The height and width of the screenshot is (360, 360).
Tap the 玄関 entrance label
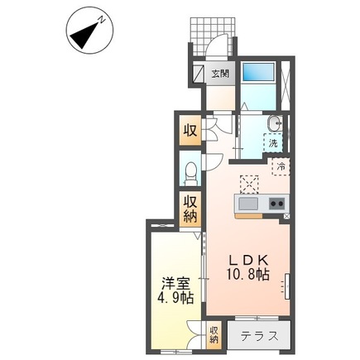pyautogui.click(x=219, y=74)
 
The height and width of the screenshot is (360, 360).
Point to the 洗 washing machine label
pyautogui.click(x=272, y=142)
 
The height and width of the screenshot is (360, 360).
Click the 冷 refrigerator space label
pyautogui.click(x=280, y=166)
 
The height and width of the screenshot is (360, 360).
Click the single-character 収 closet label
pyautogui.click(x=190, y=129)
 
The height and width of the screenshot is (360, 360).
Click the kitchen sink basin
pyautogui.click(x=247, y=204)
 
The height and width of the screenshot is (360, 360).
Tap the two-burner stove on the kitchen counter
pyautogui.click(x=275, y=204)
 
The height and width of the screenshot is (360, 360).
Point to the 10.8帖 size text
pyautogui.click(x=249, y=274)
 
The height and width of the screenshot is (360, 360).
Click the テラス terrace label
pyautogui.click(x=258, y=337)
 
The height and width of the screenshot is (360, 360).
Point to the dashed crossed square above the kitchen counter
pyautogui.click(x=248, y=183)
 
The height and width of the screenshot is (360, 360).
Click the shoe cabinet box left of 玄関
pyautogui.click(x=199, y=74)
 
